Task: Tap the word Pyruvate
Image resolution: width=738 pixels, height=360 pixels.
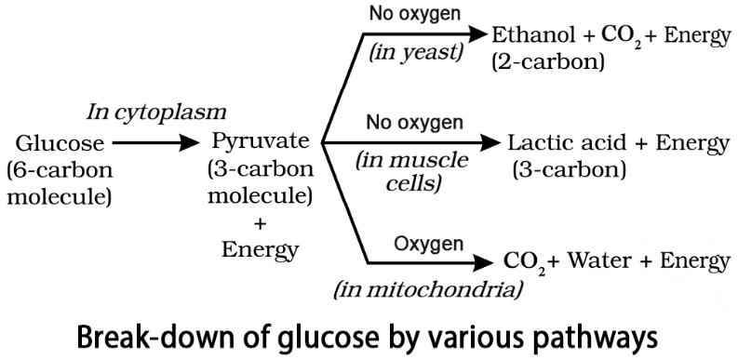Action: (x=260, y=143)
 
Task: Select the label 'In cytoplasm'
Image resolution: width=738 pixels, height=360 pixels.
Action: (x=156, y=113)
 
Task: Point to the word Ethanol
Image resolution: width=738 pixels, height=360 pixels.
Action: (x=526, y=35)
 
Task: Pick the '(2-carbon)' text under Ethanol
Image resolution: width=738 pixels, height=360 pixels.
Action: (x=547, y=63)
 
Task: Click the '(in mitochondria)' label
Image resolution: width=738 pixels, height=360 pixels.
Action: (x=427, y=288)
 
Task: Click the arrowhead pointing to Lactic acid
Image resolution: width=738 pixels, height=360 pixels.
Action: (x=491, y=143)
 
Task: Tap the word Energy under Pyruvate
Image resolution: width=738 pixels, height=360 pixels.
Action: (x=260, y=249)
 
